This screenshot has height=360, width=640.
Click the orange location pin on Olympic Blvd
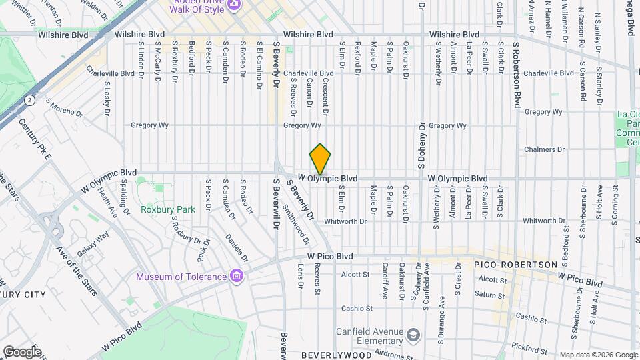click(x=320, y=160)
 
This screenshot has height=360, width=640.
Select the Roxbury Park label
click(x=168, y=209)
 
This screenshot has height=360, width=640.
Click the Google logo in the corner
click(x=21, y=351)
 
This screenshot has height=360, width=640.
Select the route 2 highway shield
click(x=29, y=99)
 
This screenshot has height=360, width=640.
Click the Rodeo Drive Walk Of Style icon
click(x=234, y=6)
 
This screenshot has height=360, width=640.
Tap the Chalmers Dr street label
click(x=545, y=149)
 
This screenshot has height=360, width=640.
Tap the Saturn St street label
click(x=490, y=294)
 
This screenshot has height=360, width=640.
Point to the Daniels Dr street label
click(x=236, y=247)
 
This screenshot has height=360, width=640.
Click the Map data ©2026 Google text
click(x=598, y=355)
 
